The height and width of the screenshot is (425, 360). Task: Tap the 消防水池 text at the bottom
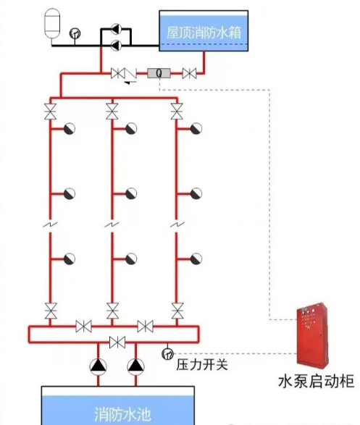coord(122,414)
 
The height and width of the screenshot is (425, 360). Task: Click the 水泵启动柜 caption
coord(316,381)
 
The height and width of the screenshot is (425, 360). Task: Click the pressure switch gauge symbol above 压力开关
coord(168,353)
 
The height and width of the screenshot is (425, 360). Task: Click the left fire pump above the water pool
coord(98,366)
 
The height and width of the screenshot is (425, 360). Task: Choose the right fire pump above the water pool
coord(135,366)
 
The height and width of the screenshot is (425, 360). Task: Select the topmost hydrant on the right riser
coord(195,129)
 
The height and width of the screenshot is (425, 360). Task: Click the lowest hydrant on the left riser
coord(69,258)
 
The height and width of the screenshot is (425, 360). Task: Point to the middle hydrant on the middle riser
coord(131,193)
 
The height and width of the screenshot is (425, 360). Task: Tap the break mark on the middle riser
coord(112,226)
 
